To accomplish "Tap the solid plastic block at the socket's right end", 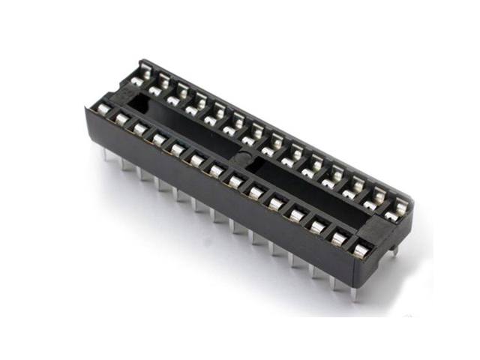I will (x=379, y=225).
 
